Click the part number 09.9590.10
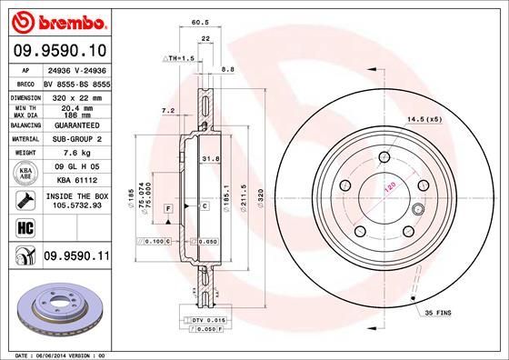(x=57, y=51)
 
